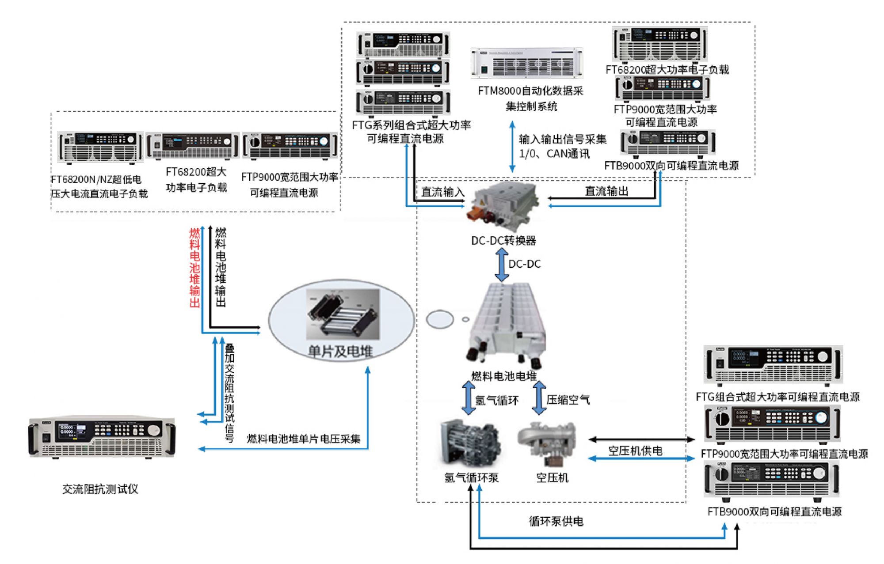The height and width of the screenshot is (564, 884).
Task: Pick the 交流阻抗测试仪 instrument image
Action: (102, 437)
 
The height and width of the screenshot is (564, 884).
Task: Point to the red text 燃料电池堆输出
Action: (194, 268)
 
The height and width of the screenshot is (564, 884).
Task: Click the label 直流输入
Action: (442, 192)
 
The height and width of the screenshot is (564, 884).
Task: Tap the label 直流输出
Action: (606, 191)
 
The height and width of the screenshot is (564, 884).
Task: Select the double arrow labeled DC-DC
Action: (502, 265)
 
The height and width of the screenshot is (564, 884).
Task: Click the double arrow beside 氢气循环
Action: (468, 398)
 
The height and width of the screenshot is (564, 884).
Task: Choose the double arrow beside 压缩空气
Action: (539, 398)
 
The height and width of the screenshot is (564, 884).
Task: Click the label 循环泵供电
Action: (556, 522)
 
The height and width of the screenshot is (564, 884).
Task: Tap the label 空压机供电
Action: (635, 451)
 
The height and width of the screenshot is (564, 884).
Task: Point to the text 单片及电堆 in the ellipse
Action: (340, 352)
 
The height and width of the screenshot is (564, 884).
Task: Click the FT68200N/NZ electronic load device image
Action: (101, 147)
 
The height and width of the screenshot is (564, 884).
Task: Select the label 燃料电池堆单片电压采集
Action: (304, 439)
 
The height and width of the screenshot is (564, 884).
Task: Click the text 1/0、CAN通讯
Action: (554, 154)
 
